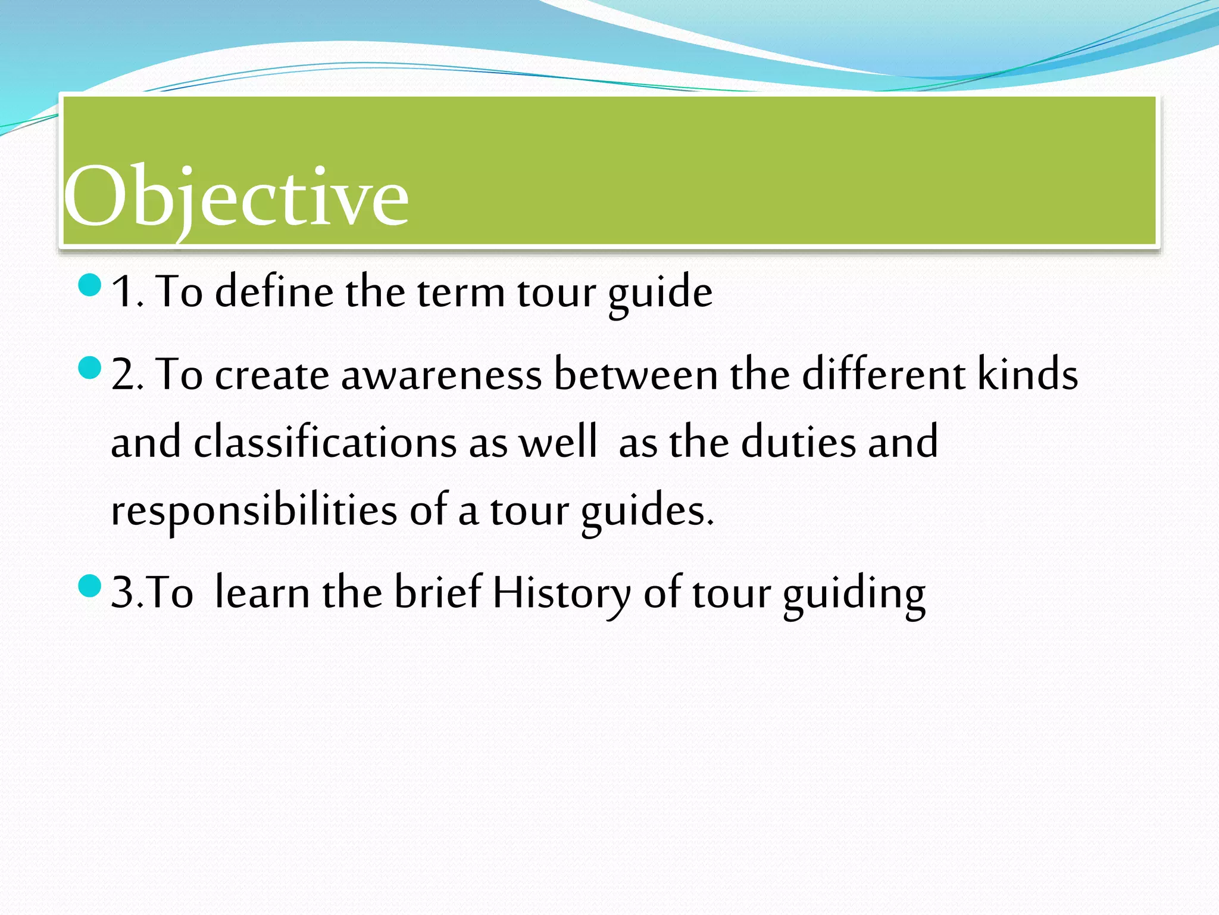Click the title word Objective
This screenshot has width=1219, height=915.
click(236, 197)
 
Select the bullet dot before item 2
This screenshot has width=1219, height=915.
click(90, 368)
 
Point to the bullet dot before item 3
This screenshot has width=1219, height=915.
click(90, 586)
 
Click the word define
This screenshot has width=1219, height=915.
click(274, 292)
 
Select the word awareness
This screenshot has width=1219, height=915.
click(441, 375)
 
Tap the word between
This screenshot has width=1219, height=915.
click(636, 375)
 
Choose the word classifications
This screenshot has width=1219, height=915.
click(325, 443)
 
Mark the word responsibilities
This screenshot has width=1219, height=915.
click(254, 511)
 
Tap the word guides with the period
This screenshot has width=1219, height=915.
click(647, 511)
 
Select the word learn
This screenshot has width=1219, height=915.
click(262, 593)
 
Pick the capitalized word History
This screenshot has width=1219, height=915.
click(561, 593)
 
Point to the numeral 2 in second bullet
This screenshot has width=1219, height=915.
click(123, 375)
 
